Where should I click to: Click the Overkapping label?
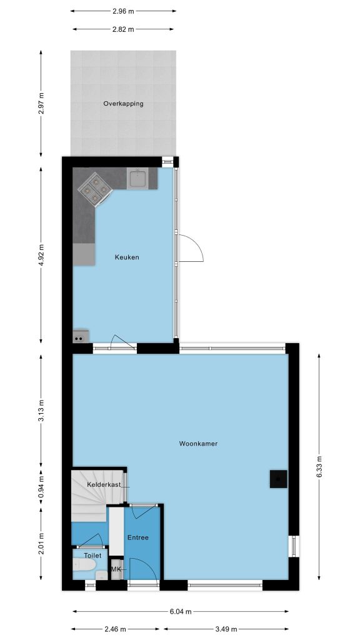[x=123, y=104]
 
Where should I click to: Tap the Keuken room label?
[x=127, y=257]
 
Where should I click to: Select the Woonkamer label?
[x=198, y=444]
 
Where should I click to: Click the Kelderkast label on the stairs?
[x=104, y=484]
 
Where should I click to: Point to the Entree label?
[x=138, y=537]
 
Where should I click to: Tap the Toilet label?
[x=92, y=556]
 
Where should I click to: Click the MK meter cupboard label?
[x=116, y=569]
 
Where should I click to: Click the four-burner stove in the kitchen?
[x=95, y=189]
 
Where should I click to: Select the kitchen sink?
[x=137, y=178]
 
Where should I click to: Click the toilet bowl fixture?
[x=84, y=566]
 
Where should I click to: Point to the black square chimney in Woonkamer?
[x=278, y=479]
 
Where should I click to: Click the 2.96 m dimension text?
[x=123, y=11]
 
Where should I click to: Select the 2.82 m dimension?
[x=123, y=29]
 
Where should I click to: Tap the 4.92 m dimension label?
[x=41, y=255]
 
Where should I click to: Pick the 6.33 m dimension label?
[x=319, y=466]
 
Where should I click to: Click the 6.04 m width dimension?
[x=181, y=611]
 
